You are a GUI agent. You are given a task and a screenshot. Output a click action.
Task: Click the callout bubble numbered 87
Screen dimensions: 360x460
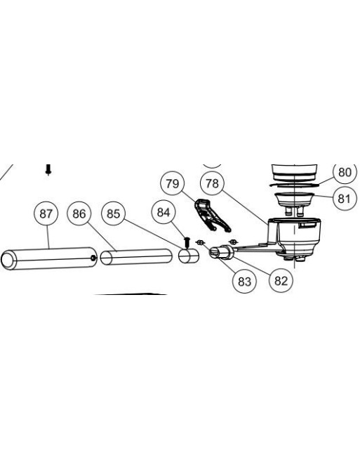46,213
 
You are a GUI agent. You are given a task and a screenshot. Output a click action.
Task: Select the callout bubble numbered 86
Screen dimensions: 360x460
79,213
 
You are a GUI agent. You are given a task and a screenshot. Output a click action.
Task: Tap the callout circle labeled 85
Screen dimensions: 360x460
113,213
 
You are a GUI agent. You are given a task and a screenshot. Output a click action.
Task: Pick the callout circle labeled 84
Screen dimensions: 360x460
164,212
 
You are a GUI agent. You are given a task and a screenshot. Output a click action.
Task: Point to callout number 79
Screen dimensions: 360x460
173,183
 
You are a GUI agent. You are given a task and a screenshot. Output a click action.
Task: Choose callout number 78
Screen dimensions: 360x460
212,183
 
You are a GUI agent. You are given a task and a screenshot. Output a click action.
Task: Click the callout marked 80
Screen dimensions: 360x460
345,172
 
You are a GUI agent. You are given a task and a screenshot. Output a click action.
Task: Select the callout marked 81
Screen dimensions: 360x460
344,198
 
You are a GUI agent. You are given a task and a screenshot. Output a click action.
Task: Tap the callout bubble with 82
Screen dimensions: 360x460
281,280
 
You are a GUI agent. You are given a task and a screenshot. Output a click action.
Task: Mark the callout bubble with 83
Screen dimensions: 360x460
244,281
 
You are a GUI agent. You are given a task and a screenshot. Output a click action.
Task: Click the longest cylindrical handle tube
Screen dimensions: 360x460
49,258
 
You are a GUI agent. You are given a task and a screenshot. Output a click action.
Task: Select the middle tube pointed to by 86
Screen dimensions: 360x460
136,257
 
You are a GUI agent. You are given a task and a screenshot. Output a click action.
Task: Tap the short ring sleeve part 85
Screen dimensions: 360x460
189,256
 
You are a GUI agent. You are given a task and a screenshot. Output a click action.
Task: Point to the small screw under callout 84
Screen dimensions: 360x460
186,242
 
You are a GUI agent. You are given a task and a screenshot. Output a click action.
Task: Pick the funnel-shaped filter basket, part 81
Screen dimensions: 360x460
294,200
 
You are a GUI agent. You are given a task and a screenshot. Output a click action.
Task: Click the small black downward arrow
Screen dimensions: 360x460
48,169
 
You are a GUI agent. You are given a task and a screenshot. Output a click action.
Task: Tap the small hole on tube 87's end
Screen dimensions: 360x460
93,258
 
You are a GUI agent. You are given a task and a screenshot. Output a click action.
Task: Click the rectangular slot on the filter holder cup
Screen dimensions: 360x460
307,225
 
